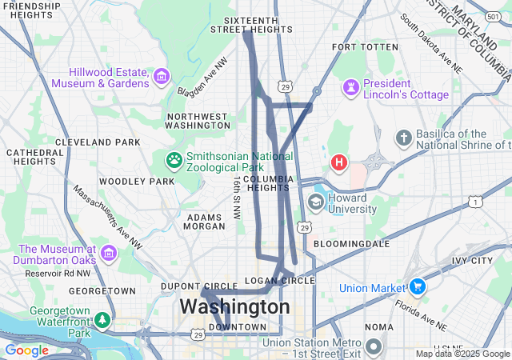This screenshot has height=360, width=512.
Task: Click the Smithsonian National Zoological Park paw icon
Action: pos(174,160)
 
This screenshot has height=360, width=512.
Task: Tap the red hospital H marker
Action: pos(339,163)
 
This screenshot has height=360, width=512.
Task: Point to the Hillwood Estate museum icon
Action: pos(162,77)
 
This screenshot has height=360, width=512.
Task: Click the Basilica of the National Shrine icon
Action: pos(404,138)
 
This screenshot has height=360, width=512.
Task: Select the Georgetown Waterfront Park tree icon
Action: pos(102,320)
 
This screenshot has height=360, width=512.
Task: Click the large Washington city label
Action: pos(234,306)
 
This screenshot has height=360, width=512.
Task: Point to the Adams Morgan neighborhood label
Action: pos(206,222)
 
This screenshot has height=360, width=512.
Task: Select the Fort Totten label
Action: pos(365,47)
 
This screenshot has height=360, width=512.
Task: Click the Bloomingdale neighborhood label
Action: pos(351,242)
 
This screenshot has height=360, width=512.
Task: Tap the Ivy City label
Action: pos(472,261)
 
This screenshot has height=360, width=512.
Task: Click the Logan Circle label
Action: pos(280,281)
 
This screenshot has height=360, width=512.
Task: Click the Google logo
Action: pos(26,350)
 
